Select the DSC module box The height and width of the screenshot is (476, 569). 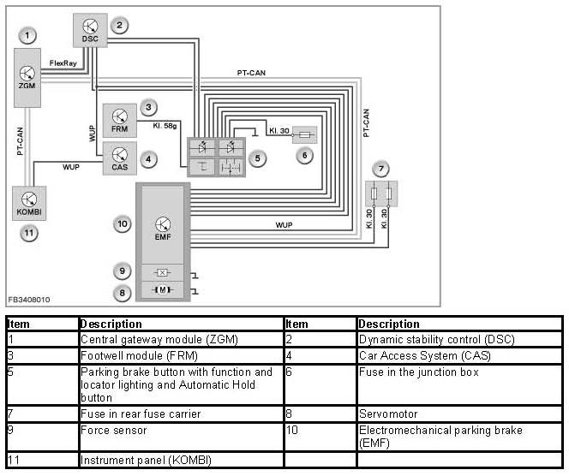pyautogui.click(x=90, y=31)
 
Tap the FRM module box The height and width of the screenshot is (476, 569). pyautogui.click(x=120, y=120)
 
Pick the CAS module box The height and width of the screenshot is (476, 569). pyautogui.click(x=120, y=159)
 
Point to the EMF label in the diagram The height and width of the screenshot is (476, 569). pyautogui.click(x=162, y=236)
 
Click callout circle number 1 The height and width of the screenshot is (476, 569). pyautogui.click(x=29, y=35)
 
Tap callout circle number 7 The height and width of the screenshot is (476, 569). pyautogui.click(x=381, y=168)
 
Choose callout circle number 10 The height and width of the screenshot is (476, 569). pyautogui.click(x=123, y=224)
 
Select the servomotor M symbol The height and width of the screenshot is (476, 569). pyautogui.click(x=162, y=291)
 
